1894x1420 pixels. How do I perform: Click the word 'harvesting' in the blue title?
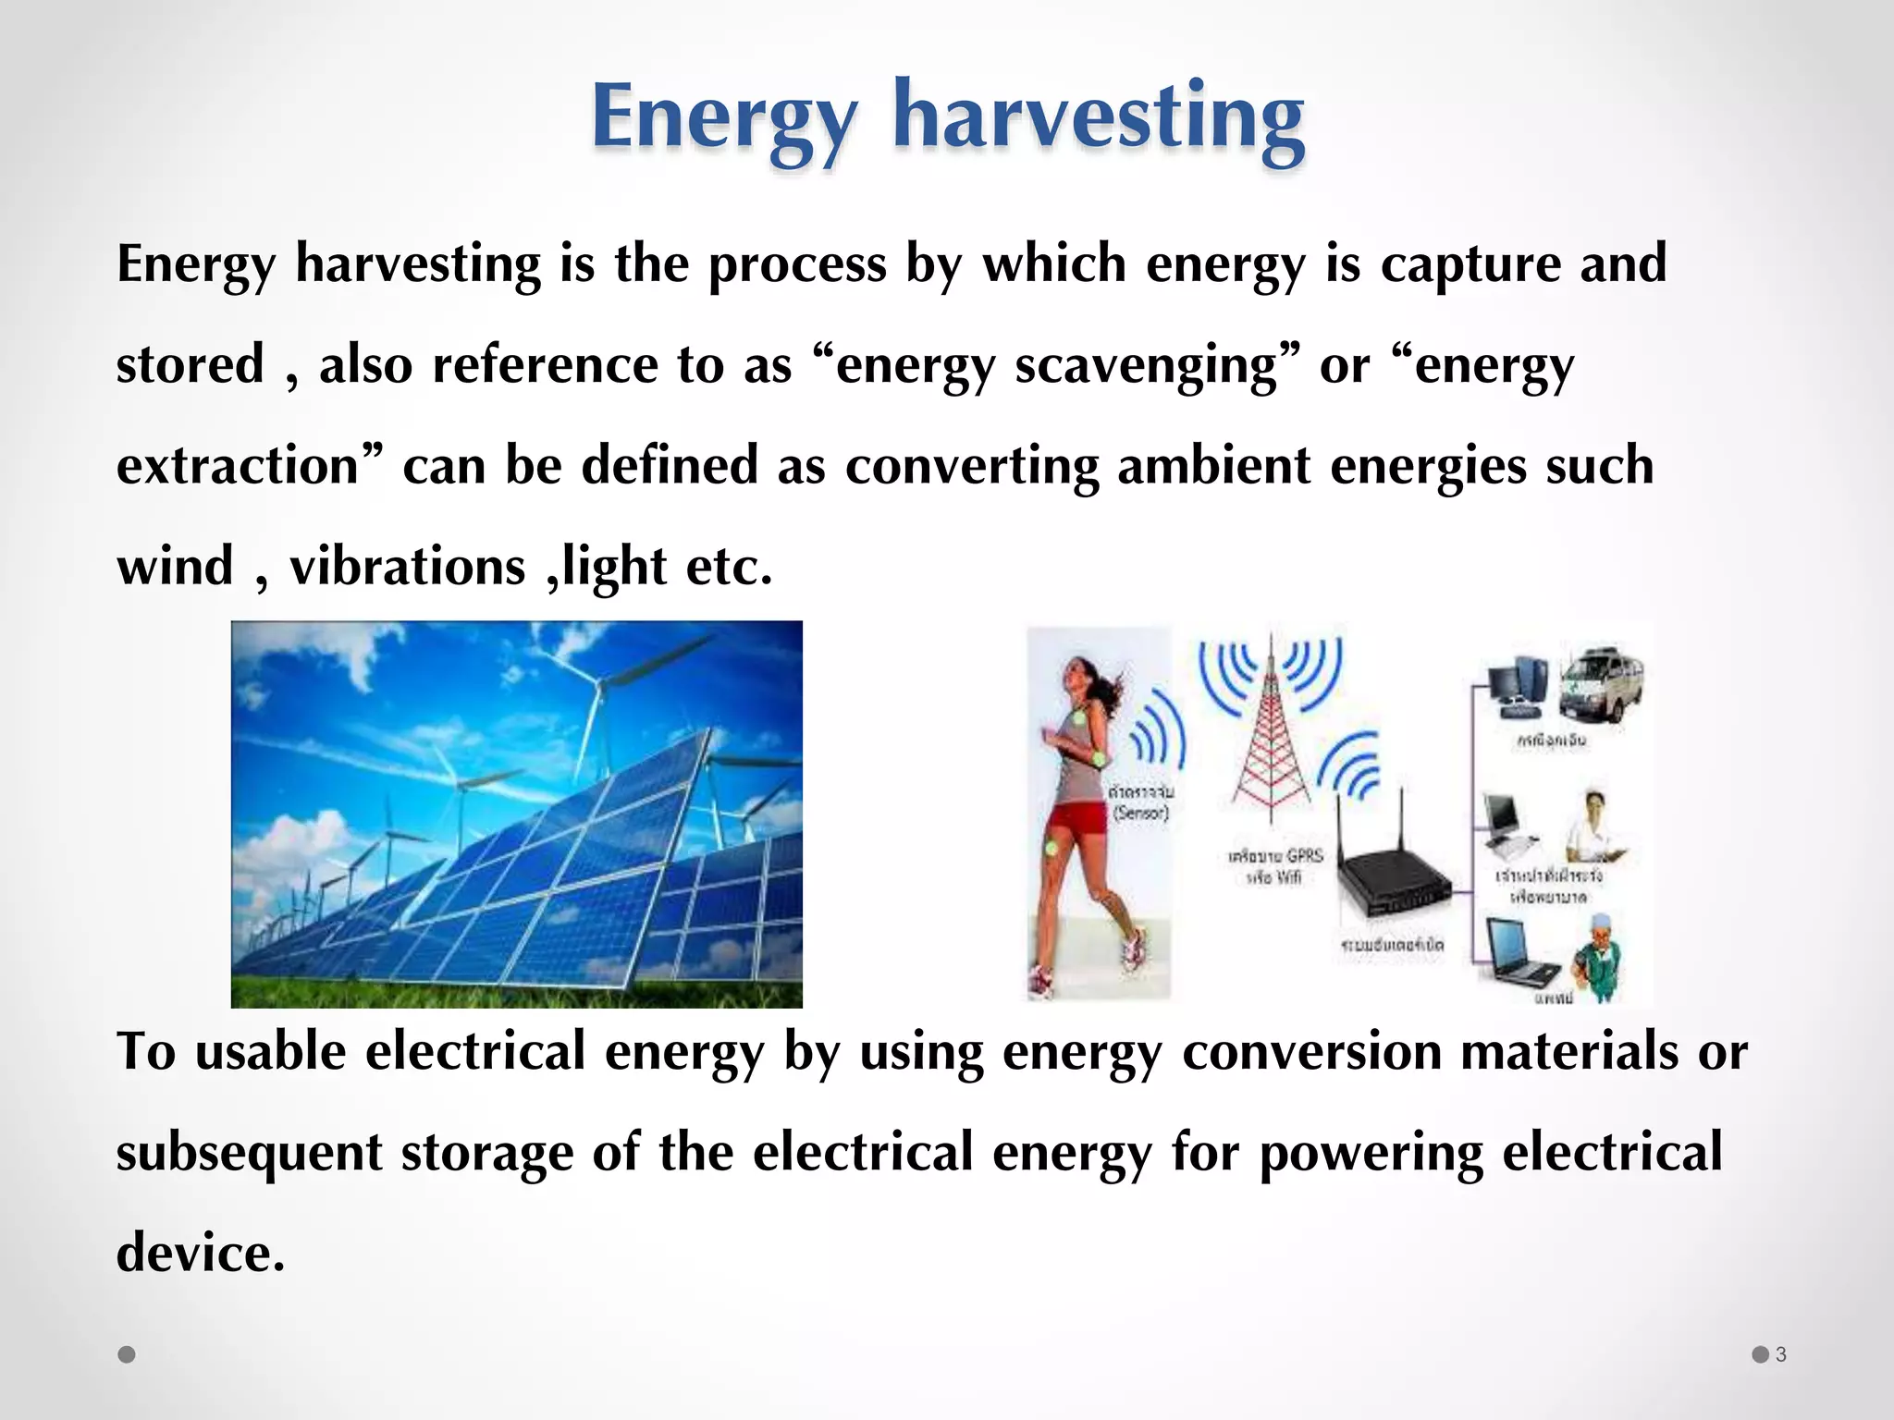(x=1098, y=118)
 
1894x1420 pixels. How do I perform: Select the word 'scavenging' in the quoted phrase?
(x=1146, y=364)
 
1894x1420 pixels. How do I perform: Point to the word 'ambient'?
(x=1213, y=465)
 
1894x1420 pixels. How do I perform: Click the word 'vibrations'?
(x=407, y=566)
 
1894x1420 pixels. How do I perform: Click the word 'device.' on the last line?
(x=200, y=1254)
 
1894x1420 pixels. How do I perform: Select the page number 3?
(x=1780, y=1354)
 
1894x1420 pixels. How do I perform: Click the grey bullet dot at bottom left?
(x=128, y=1354)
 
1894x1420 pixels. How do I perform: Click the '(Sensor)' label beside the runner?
(x=1141, y=814)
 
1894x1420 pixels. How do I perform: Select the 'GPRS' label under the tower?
(x=1304, y=856)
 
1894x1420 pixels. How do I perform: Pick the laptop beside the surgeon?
(x=1517, y=952)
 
